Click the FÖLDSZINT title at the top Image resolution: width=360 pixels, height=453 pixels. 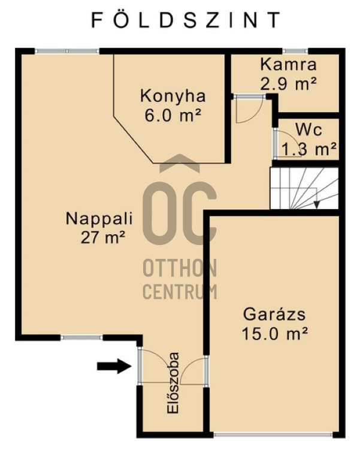[186, 20]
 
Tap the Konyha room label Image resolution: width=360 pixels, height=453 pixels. [173, 96]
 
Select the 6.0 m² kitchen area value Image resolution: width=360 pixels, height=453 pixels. [173, 116]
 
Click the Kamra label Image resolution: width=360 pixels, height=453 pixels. [288, 64]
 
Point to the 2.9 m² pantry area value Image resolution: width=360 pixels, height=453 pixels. [288, 84]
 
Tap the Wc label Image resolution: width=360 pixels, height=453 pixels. [308, 129]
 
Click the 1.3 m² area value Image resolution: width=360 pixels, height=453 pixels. [308, 149]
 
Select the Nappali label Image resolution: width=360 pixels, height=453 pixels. [99, 218]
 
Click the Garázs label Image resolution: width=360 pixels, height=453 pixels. [274, 314]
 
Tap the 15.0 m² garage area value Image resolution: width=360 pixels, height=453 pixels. [274, 334]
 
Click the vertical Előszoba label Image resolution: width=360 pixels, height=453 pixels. [173, 382]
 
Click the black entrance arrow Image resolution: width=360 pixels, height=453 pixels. [114, 366]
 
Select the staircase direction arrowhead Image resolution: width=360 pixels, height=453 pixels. [317, 204]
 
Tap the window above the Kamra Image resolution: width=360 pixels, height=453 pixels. [295, 51]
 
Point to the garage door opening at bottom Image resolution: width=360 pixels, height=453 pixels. [273, 434]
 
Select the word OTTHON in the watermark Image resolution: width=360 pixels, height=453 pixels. [180, 268]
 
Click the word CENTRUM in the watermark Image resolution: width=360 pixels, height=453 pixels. [180, 291]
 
